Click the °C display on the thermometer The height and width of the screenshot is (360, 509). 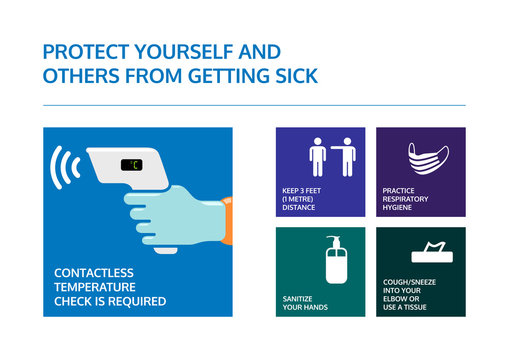pyautogui.click(x=131, y=165)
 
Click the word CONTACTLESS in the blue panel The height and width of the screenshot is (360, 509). pyautogui.click(x=93, y=272)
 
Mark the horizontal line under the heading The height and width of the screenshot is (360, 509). pyautogui.click(x=254, y=105)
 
